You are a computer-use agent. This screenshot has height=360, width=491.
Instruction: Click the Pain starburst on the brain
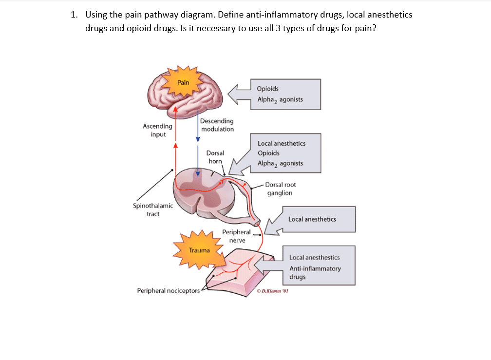pos(183,82)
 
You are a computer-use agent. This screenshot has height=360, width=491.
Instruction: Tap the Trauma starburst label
pos(199,250)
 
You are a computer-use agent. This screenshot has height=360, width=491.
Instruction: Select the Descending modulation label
pos(217,125)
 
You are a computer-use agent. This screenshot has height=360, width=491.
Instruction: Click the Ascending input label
pos(157,130)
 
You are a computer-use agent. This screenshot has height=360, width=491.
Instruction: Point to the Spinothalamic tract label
pos(152,210)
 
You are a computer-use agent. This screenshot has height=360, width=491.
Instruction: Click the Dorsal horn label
pos(215,157)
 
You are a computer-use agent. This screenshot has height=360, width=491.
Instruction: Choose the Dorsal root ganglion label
pos(280,189)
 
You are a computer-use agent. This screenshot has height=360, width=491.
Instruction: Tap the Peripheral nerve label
pos(237,236)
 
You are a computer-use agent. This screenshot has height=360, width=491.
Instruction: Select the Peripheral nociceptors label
pos(169,291)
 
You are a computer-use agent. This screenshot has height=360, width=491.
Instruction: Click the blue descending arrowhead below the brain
pos(198,138)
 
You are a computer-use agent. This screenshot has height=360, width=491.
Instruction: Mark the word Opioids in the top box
pos(268,89)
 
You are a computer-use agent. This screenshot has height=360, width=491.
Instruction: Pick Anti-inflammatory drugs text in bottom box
pos(315,272)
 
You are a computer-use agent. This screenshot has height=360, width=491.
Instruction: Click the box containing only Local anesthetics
pos(313,219)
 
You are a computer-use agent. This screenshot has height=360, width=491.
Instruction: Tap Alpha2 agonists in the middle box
pos(280,163)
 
